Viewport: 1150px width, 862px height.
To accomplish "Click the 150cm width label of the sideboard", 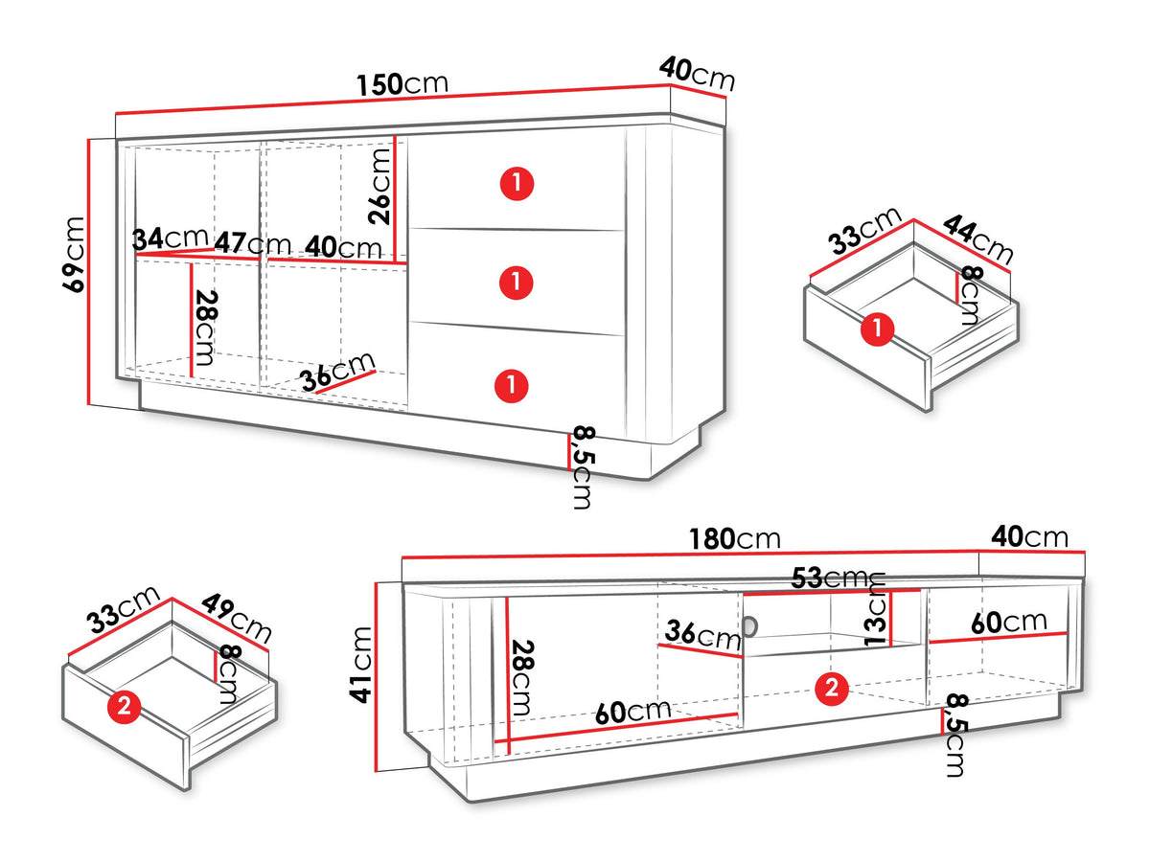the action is pyautogui.click(x=402, y=83).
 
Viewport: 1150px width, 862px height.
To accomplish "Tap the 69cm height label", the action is pyautogui.click(x=73, y=255).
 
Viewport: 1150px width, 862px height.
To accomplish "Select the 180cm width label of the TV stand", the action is pyautogui.click(x=734, y=539).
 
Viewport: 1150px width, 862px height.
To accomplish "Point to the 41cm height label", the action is pyautogui.click(x=360, y=665).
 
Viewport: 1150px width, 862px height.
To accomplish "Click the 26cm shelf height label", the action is pyautogui.click(x=379, y=187).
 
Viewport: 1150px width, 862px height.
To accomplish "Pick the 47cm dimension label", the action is pyautogui.click(x=253, y=243).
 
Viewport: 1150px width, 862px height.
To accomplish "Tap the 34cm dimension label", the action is pyautogui.click(x=171, y=238).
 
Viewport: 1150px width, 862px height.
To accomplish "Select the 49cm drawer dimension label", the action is pyautogui.click(x=237, y=618).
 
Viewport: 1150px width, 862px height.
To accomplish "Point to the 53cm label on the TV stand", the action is pyautogui.click(x=838, y=578).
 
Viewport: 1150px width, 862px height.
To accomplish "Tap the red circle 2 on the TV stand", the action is pyautogui.click(x=832, y=688).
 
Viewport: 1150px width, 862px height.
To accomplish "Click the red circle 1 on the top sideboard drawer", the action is pyautogui.click(x=517, y=184).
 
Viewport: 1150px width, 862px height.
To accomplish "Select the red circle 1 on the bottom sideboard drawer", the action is pyautogui.click(x=512, y=386).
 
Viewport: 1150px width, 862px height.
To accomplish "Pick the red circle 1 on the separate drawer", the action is pyautogui.click(x=877, y=329).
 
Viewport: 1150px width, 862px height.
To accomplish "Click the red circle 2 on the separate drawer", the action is pyautogui.click(x=125, y=707).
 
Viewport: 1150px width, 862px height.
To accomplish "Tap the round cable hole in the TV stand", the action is pyautogui.click(x=750, y=627).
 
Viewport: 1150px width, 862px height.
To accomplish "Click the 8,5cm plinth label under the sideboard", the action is pyautogui.click(x=583, y=467).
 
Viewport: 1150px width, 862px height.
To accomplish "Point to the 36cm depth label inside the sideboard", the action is pyautogui.click(x=338, y=371).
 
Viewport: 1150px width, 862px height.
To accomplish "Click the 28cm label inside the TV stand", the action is pyautogui.click(x=522, y=677).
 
